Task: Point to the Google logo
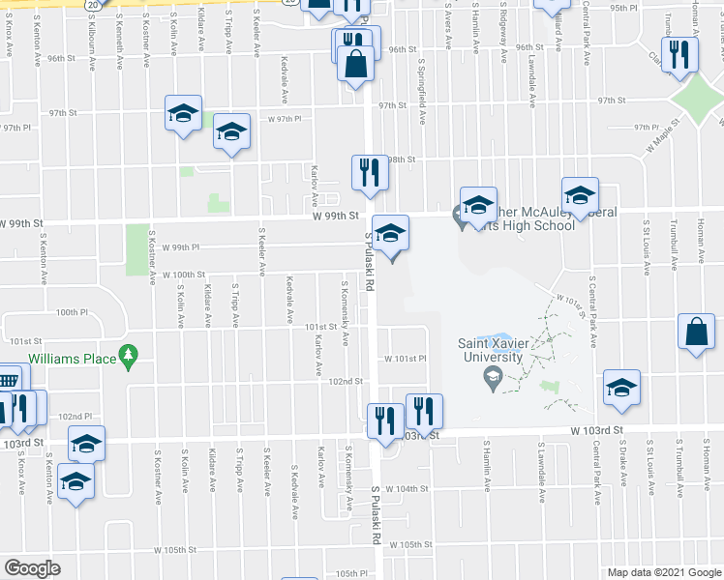[x=31, y=568]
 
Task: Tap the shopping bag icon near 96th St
[x=357, y=65]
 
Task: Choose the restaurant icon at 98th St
[x=369, y=172]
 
